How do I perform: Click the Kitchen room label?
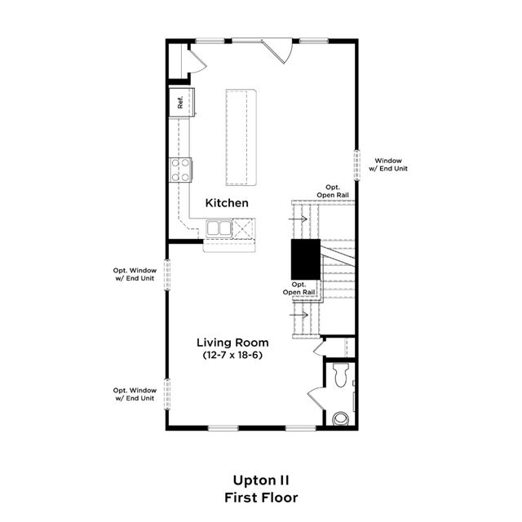(x=227, y=203)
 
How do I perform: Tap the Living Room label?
(x=232, y=343)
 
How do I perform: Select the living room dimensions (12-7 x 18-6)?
(x=232, y=356)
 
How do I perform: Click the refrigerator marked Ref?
(x=181, y=102)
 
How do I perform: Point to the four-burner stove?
(x=181, y=170)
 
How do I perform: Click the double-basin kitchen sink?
(x=219, y=228)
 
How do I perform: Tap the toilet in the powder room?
(x=341, y=374)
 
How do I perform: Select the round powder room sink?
(x=341, y=418)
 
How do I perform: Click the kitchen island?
(x=241, y=137)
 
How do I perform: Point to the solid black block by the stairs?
(x=306, y=259)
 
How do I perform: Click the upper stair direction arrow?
(x=298, y=219)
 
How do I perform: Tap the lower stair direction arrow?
(x=299, y=315)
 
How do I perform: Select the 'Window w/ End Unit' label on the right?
(x=388, y=165)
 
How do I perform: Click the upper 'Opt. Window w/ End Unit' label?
(x=135, y=274)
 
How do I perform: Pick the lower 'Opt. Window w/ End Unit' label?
(x=135, y=394)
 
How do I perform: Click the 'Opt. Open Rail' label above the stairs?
(x=333, y=191)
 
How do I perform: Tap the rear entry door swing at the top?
(x=277, y=51)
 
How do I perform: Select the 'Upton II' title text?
(x=261, y=480)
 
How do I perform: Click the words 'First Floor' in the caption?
(x=261, y=498)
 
